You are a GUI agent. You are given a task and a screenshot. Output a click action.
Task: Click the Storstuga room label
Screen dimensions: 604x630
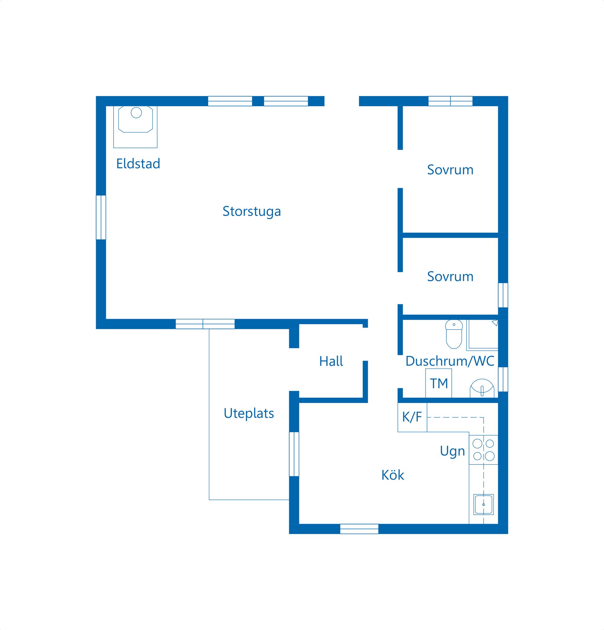tap(252, 211)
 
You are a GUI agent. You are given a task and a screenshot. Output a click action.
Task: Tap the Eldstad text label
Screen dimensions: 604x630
tap(138, 164)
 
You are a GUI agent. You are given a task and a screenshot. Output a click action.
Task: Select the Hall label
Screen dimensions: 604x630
tap(331, 361)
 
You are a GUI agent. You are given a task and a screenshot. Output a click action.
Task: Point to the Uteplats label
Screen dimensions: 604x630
tap(249, 413)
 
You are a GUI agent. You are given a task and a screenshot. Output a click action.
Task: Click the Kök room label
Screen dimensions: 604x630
tap(393, 475)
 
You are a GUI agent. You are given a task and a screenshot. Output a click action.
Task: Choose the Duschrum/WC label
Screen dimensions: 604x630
tap(450, 361)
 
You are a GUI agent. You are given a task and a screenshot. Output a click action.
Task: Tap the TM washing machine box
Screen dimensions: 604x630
tap(439, 383)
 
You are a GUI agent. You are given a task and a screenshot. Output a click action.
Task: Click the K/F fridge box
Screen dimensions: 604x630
tap(412, 417)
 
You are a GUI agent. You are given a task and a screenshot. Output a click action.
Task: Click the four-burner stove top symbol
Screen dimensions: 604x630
tap(484, 450)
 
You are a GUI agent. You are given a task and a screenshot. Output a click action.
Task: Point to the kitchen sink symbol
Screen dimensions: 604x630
tap(484, 505)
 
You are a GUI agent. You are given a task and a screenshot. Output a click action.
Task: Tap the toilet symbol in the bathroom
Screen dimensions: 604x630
tap(454, 334)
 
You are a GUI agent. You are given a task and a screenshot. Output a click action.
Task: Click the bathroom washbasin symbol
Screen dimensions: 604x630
tap(482, 388)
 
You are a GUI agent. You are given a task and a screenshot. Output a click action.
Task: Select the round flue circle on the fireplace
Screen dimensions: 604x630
tap(136, 113)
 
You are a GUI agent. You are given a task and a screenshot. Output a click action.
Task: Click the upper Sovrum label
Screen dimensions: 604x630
tap(450, 170)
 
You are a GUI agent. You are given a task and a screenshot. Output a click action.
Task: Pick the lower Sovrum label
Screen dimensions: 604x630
tap(450, 276)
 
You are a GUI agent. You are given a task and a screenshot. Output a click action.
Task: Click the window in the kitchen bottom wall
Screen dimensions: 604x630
tap(359, 529)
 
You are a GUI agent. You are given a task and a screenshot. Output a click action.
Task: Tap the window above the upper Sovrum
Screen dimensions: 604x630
tap(450, 101)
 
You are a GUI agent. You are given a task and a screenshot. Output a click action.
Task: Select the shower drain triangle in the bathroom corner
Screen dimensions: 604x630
tap(495, 323)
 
